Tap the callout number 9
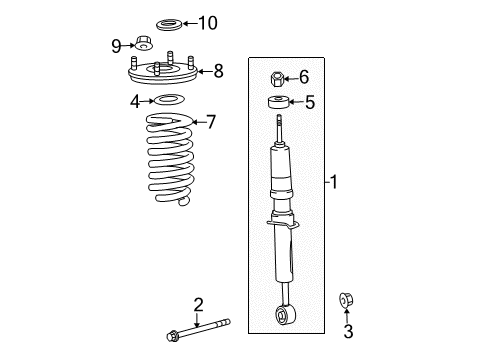tap(116, 45)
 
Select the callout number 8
tap(218, 71)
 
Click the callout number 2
tap(199, 304)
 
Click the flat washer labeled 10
tap(169, 22)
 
